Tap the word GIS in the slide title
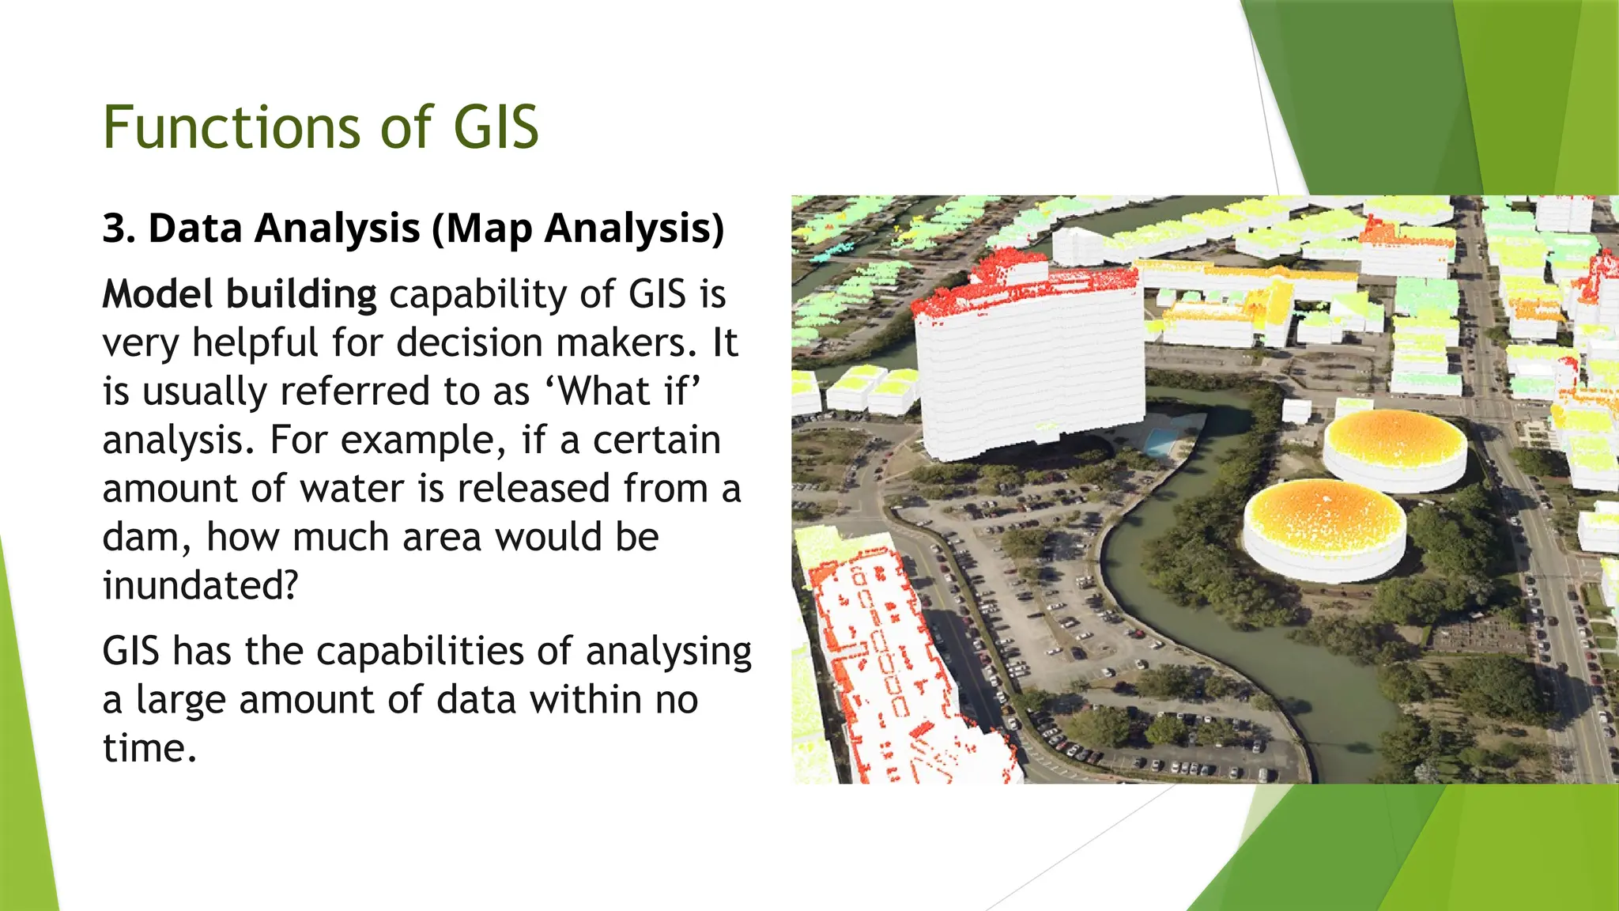pos(496,127)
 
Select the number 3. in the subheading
pos(119,229)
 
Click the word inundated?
pos(200,586)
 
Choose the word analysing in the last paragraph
pos(668,652)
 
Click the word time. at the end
pos(149,748)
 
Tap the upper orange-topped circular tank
pos(1394,447)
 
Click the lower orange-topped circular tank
pos(1324,526)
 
